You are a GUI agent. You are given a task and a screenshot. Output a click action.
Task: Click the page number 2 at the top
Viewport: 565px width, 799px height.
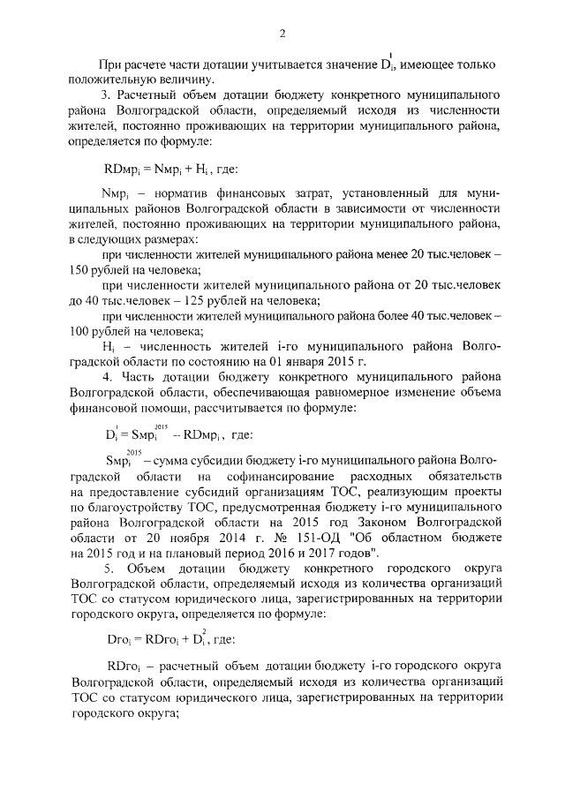point(282,34)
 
